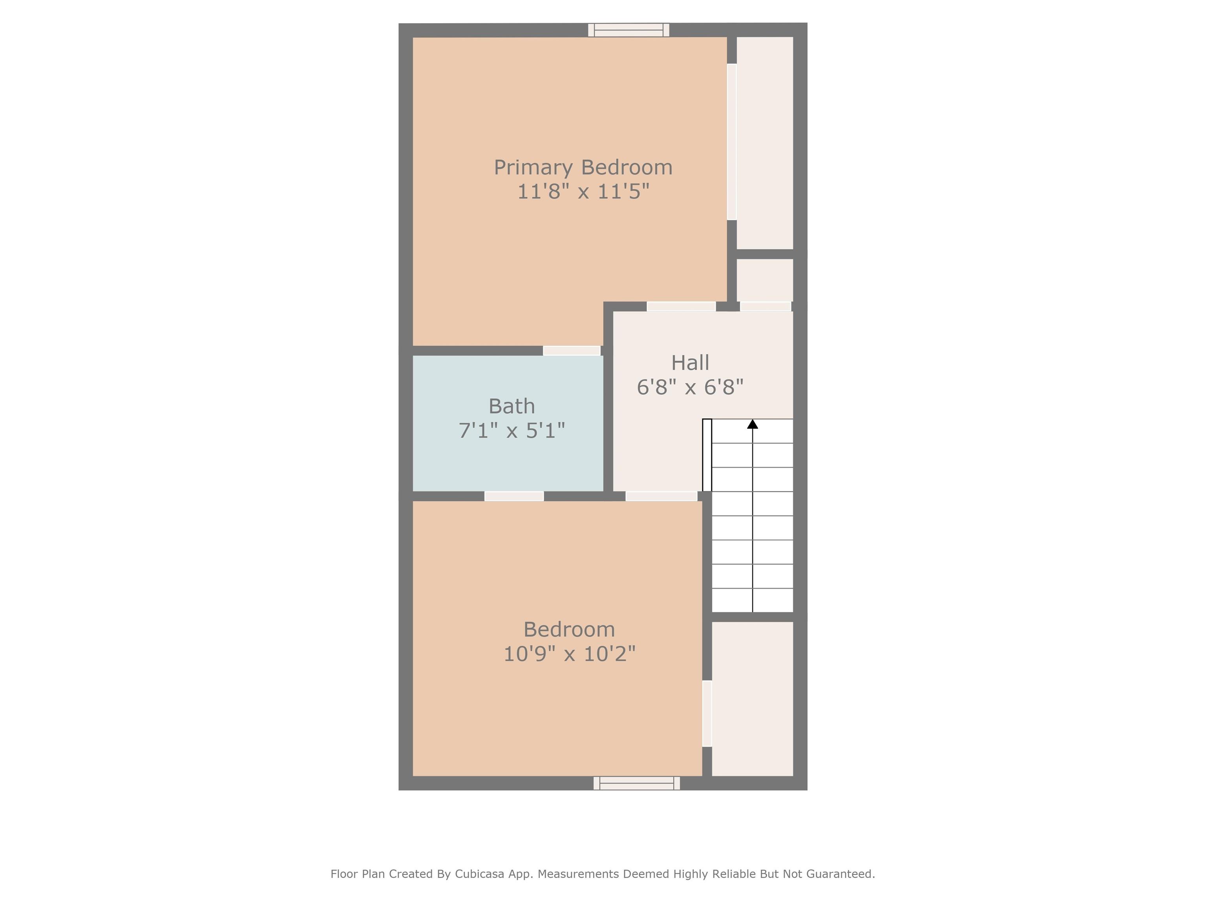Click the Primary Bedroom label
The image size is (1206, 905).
coord(583,167)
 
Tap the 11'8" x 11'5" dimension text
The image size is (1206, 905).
coord(583,191)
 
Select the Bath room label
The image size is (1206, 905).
coord(512,407)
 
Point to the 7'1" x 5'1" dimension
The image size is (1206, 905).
coord(512,431)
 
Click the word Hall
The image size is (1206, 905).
coord(690,363)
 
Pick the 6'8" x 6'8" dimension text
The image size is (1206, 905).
coord(690,387)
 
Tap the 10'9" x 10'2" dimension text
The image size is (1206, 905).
coord(569,654)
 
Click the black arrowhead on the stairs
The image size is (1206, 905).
coord(753,424)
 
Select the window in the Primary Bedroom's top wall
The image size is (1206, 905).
coord(629,30)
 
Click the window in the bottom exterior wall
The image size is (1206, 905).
coord(636,783)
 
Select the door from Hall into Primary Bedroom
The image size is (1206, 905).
coord(681,306)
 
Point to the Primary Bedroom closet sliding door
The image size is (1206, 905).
coord(732,142)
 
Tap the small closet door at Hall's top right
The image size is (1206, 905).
coord(766,306)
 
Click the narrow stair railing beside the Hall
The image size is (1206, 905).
coord(707,455)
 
